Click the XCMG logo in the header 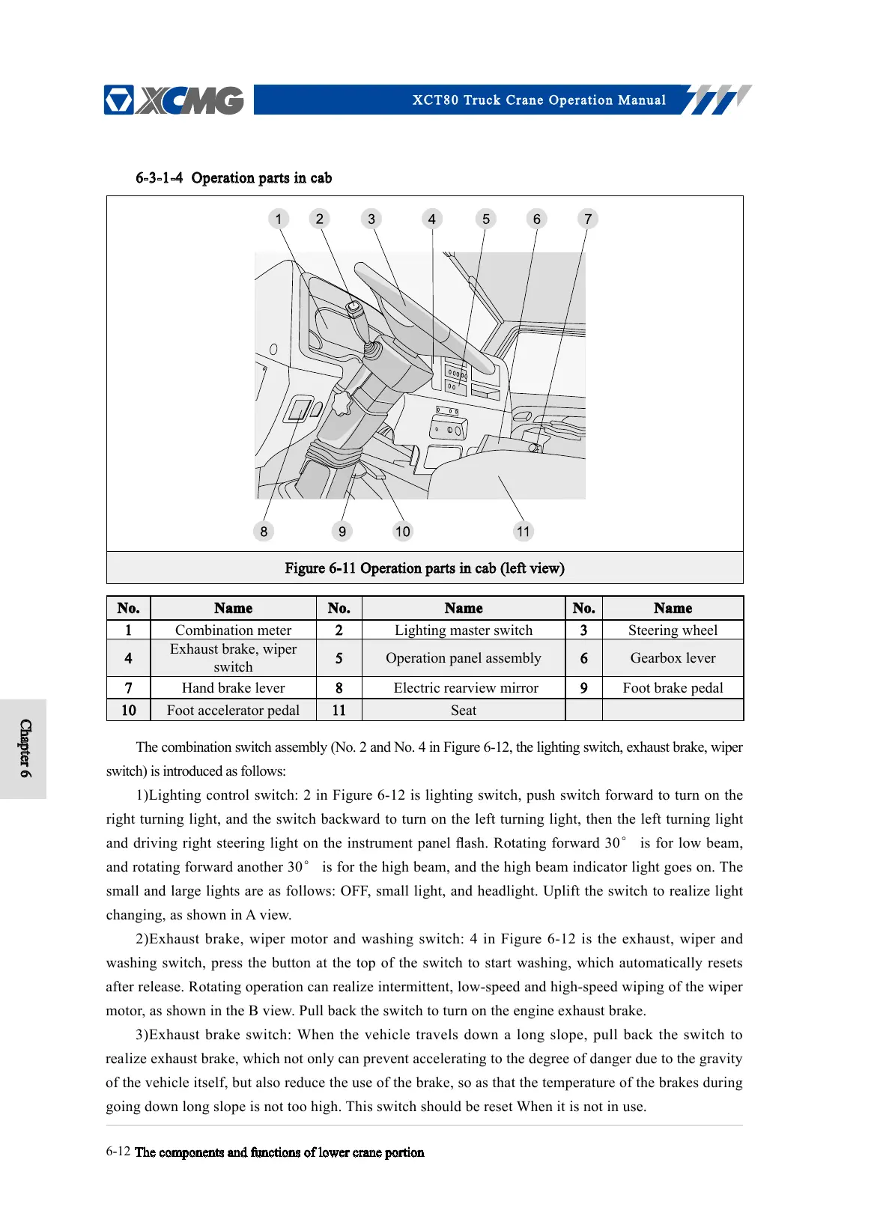(174, 100)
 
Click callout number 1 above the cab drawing (279, 219)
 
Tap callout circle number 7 (588, 219)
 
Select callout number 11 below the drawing (523, 532)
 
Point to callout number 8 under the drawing (264, 532)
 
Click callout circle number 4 (431, 219)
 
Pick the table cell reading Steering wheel (673, 630)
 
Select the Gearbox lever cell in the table (673, 658)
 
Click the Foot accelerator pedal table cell (233, 711)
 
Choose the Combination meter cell (233, 630)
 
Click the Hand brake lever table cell (233, 688)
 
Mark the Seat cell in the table (463, 711)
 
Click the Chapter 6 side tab (25, 749)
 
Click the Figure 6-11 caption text (425, 568)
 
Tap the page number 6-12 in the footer (118, 1152)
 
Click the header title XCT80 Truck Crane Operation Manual (538, 100)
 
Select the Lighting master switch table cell (463, 630)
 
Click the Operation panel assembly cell (463, 658)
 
